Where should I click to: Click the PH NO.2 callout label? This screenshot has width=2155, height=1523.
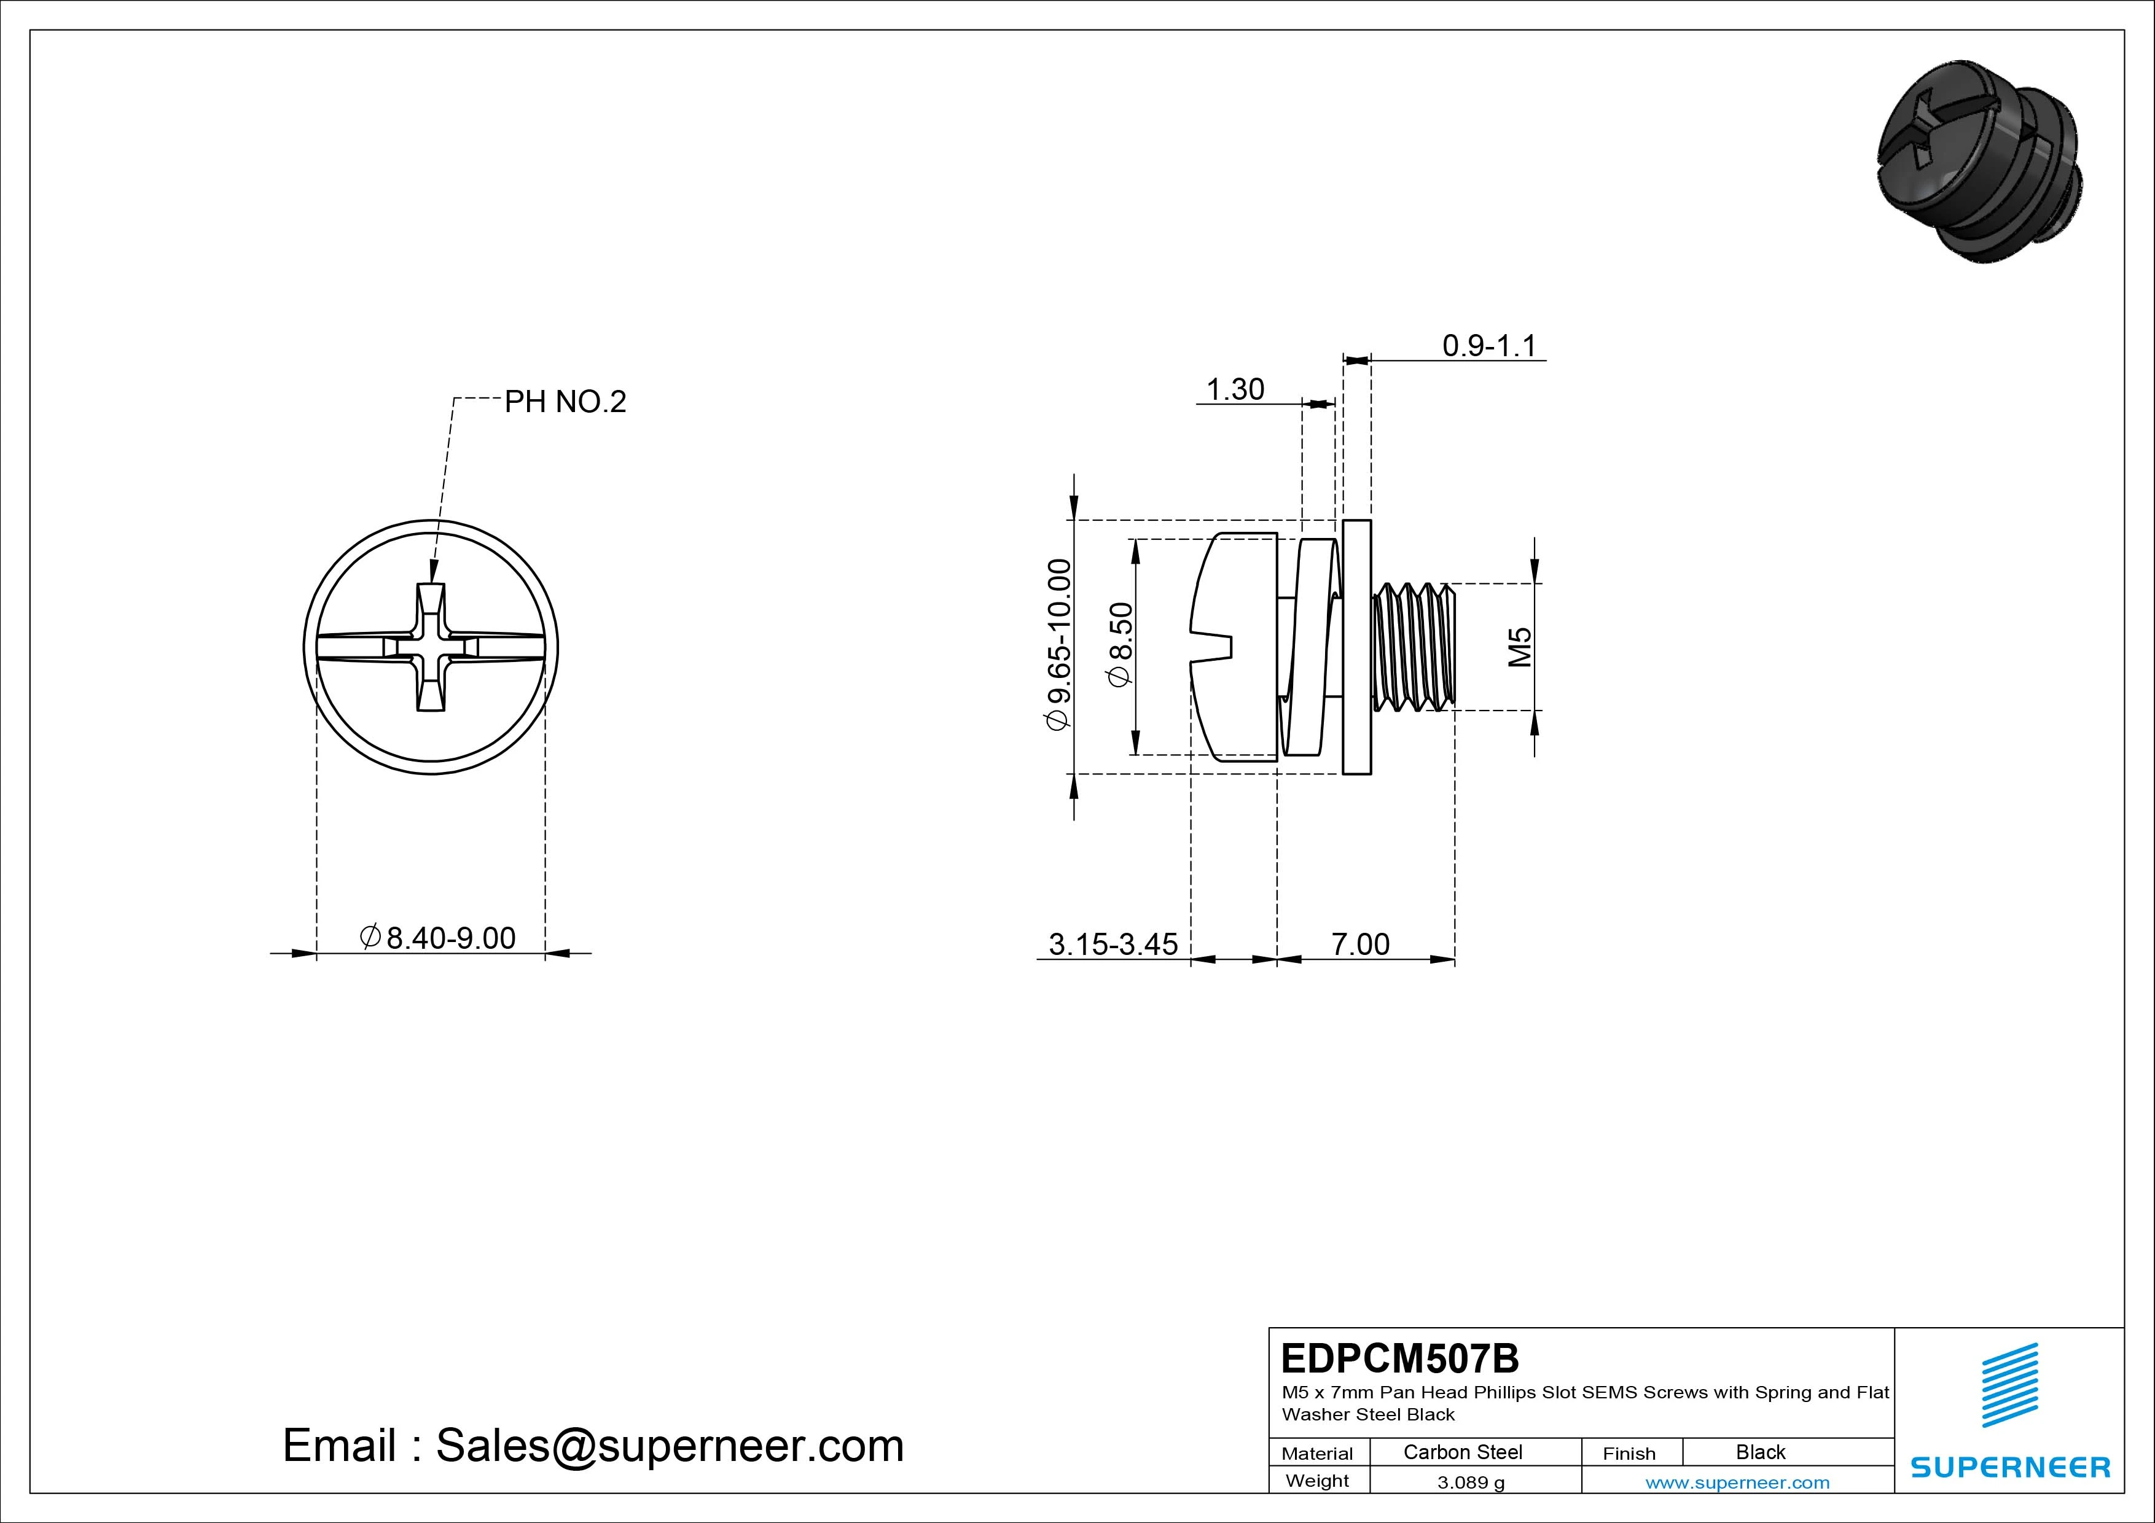coord(565,402)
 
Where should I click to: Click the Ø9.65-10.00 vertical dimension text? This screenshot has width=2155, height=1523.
coord(1058,645)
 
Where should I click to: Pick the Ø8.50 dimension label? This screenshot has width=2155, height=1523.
coord(1121,645)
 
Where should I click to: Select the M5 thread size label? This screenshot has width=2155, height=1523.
coord(1520,647)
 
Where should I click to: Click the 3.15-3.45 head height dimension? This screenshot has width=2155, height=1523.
coord(1113,944)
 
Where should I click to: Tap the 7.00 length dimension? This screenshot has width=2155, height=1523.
coord(1360,944)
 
